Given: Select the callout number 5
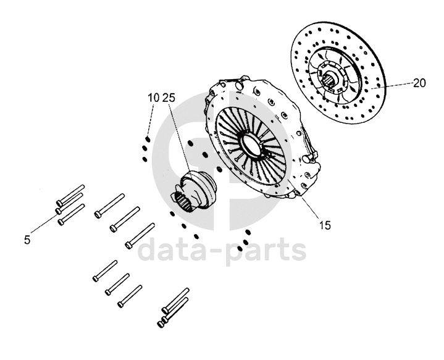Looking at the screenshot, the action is click(27, 240).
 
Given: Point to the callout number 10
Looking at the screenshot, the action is click(153, 98).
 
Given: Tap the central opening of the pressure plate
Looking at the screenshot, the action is click(251, 146).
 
